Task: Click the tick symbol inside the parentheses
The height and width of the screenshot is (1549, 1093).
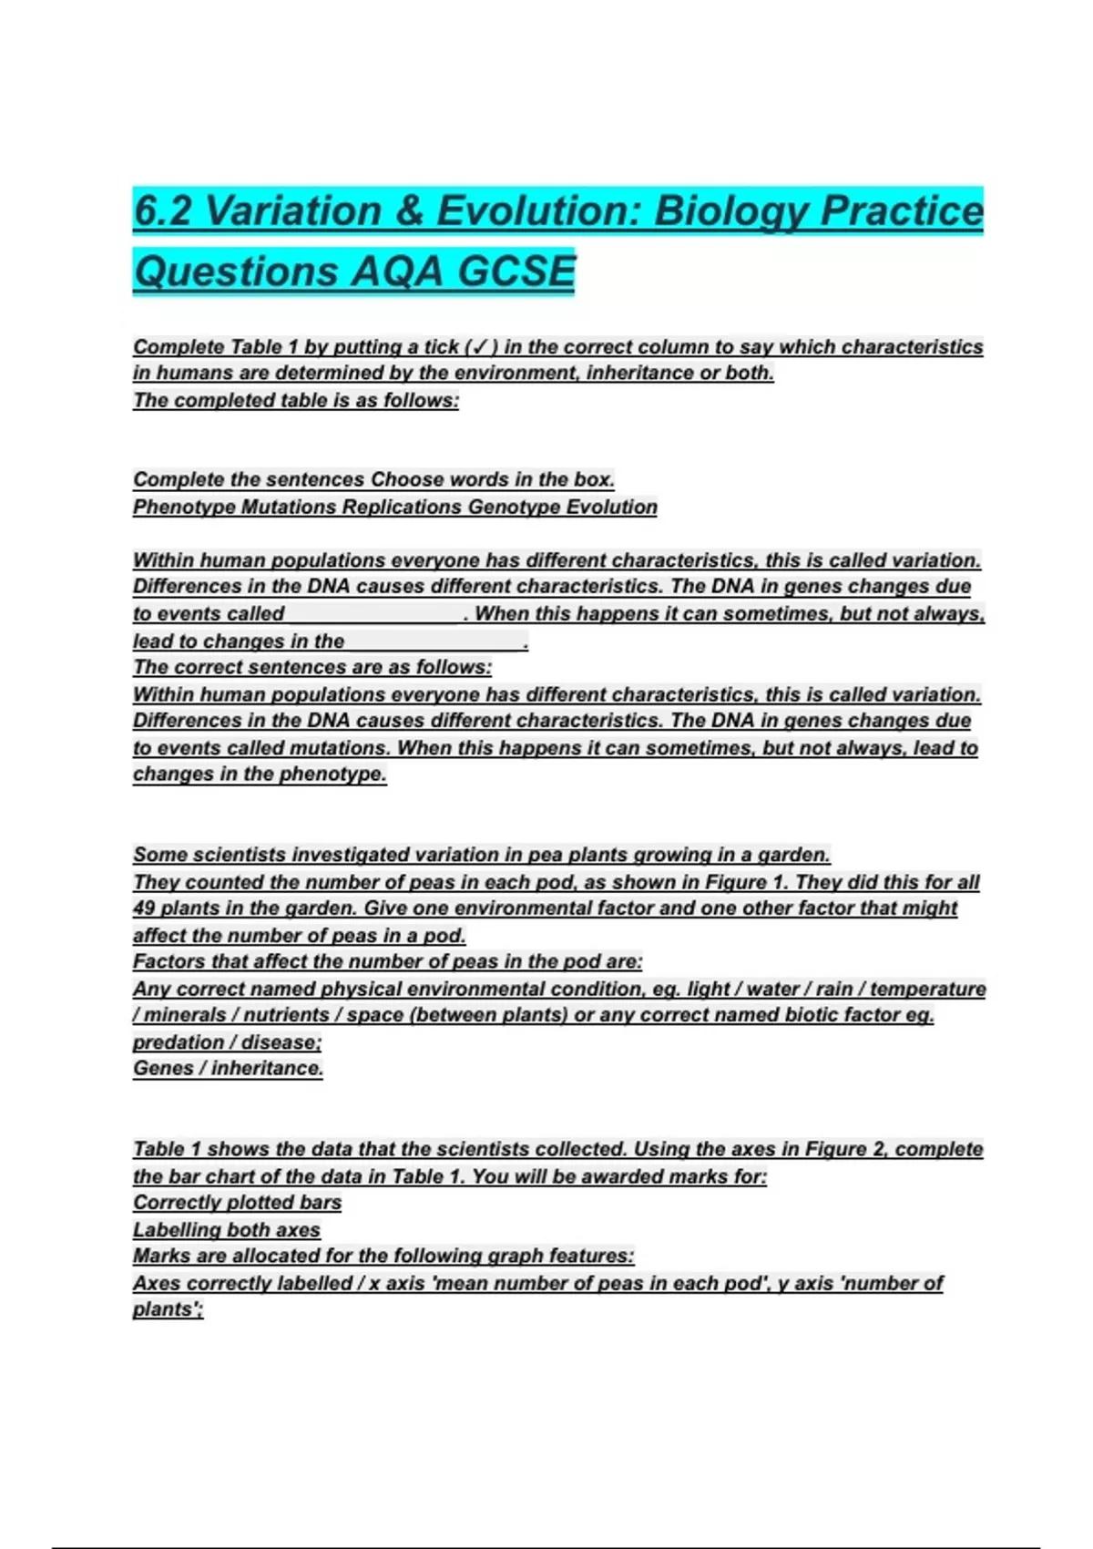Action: [479, 347]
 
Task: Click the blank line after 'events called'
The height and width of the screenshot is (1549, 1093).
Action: [373, 614]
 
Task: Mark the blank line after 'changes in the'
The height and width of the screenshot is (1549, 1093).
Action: [434, 641]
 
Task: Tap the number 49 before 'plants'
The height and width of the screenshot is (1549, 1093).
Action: [144, 908]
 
